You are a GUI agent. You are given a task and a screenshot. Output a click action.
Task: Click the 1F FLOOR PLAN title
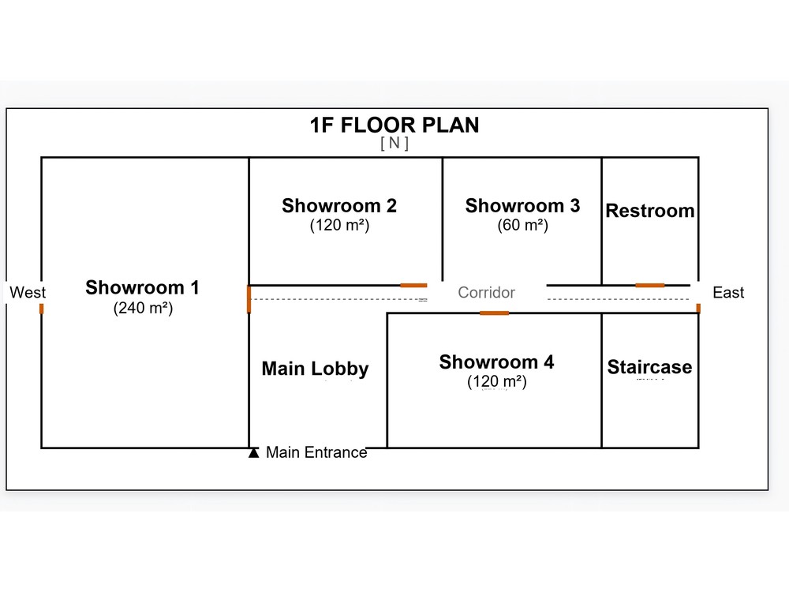coord(394,125)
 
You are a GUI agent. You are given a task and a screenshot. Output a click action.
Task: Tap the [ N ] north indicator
coord(394,143)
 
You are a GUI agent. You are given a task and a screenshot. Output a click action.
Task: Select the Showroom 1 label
coord(142,287)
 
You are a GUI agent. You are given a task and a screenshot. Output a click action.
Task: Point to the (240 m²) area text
coord(143,308)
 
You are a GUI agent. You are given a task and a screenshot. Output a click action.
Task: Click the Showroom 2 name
coord(339,205)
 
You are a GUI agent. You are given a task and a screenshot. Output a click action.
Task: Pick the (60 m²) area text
coord(522,225)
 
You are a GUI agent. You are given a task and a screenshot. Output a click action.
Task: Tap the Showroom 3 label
coord(522,205)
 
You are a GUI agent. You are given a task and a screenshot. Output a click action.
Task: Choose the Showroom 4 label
coord(496,362)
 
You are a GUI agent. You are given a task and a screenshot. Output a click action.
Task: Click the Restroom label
coord(650,211)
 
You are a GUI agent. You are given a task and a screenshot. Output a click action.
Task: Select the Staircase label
coord(649,367)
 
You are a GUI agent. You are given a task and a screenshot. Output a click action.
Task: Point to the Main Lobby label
coord(315,369)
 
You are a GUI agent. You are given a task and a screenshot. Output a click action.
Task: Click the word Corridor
coord(487,293)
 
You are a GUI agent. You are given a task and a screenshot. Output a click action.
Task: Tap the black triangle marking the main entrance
coord(253,452)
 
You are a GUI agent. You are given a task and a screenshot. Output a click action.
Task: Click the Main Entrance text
coord(316,452)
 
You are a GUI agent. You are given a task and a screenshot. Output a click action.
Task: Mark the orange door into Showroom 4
coord(494,313)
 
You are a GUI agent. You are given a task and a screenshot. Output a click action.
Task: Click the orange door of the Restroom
coord(649,286)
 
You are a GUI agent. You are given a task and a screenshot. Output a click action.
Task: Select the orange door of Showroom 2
coord(413,286)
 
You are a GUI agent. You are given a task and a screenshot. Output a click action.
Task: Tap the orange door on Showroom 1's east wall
coord(249,299)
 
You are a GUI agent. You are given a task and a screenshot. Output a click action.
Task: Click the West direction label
coord(28,293)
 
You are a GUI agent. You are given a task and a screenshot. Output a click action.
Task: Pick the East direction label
coord(728,293)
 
